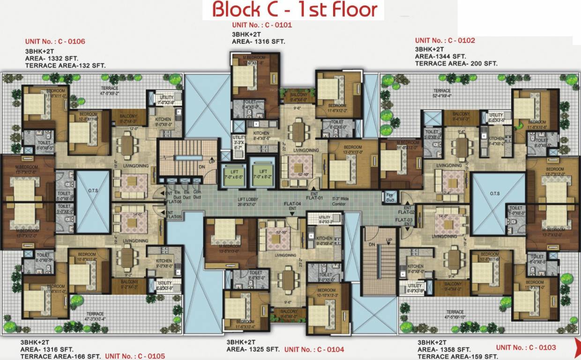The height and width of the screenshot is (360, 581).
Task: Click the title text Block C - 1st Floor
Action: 295,10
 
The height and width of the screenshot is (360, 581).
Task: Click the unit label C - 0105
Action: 135,356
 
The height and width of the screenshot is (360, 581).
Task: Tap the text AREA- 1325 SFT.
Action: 253,349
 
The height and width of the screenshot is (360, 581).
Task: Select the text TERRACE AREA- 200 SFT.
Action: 456,63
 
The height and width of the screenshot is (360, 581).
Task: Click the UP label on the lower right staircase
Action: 388,240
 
